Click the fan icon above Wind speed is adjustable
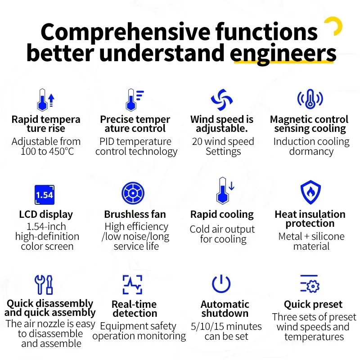(x=222, y=99)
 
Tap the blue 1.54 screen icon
(x=45, y=195)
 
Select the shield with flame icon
(x=310, y=192)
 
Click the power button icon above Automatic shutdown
(x=221, y=284)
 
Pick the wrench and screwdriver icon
(x=44, y=285)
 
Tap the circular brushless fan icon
(x=133, y=193)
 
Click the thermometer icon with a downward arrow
(x=225, y=190)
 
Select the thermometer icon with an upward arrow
(x=46, y=100)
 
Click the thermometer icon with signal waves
(x=310, y=99)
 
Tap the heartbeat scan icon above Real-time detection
(x=132, y=284)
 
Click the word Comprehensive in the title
(x=126, y=32)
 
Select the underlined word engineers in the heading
(x=283, y=53)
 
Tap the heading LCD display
(x=46, y=215)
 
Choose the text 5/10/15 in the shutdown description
(x=205, y=327)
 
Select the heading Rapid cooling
(x=222, y=215)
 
